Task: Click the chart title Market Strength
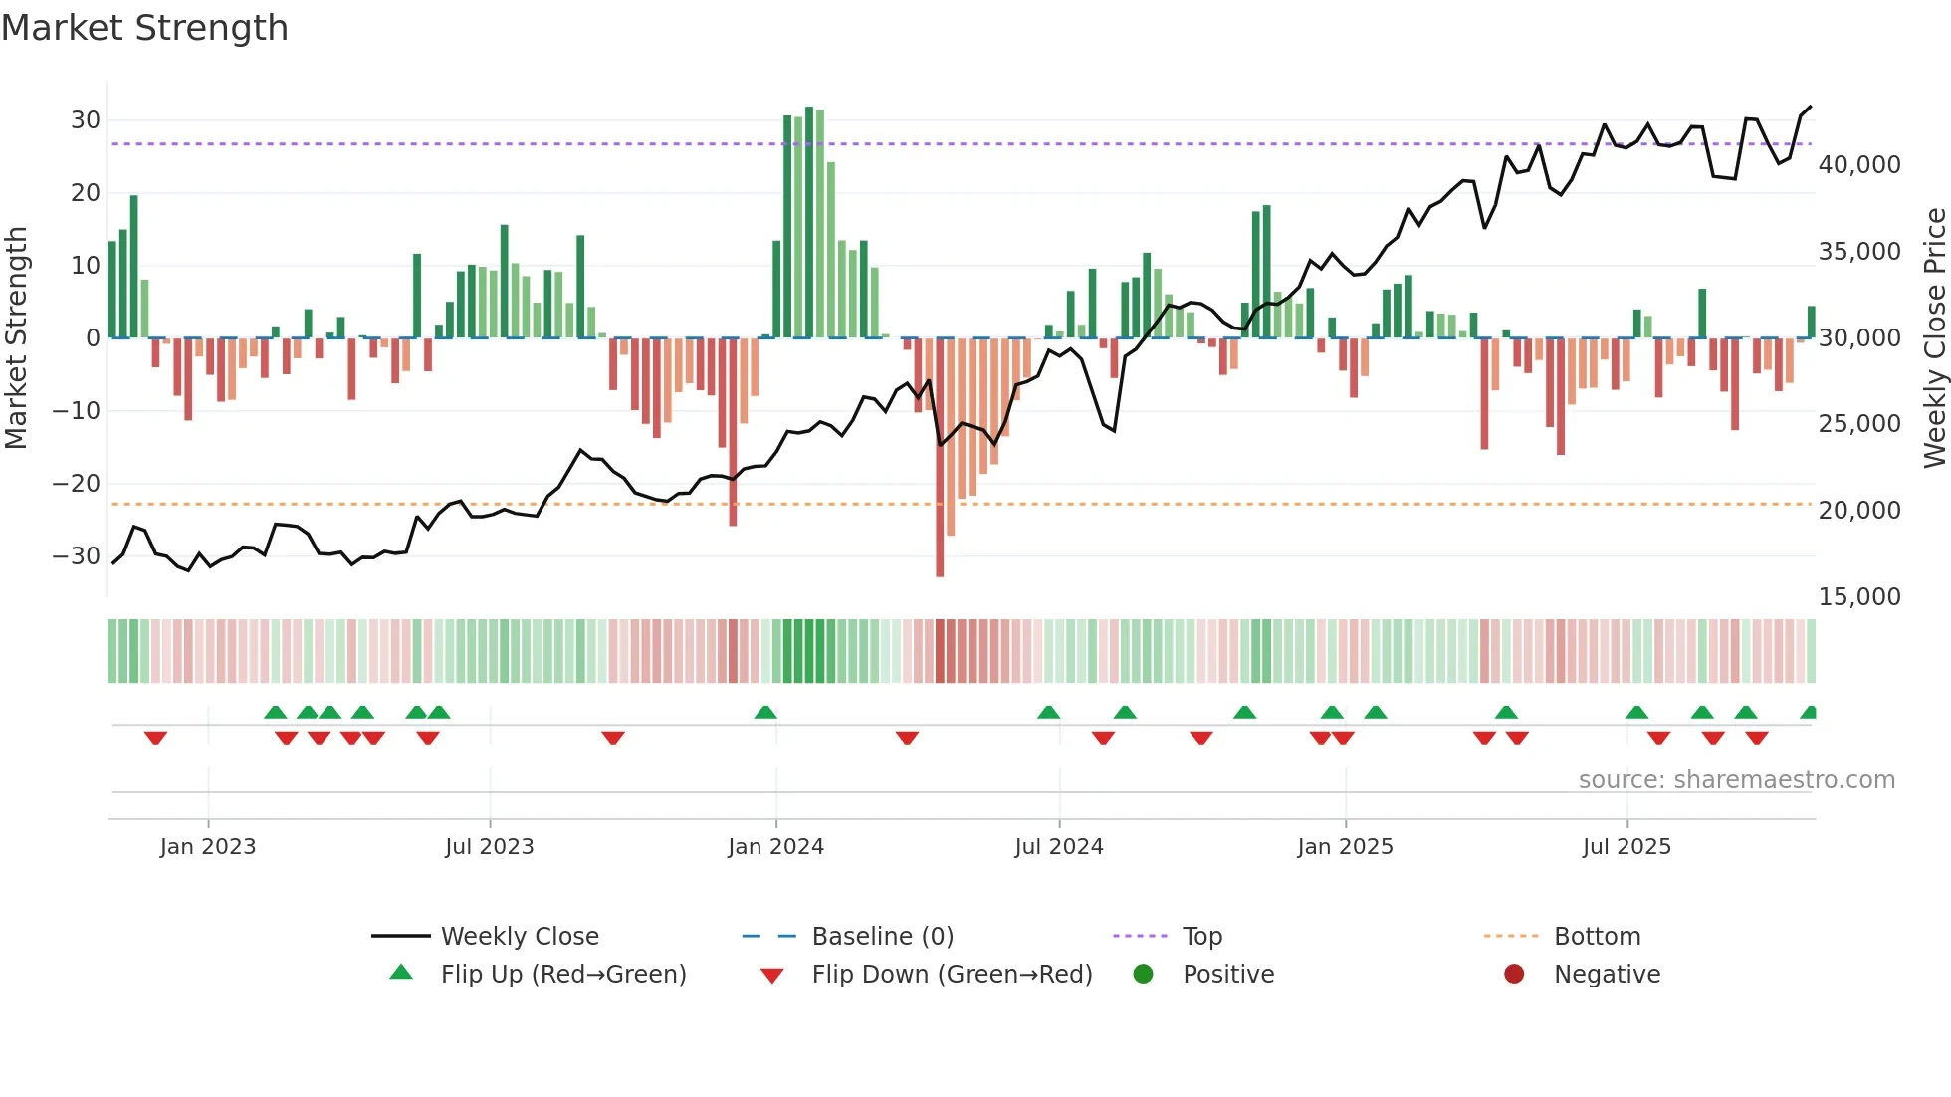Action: pyautogui.click(x=144, y=28)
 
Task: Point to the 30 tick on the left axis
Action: pyautogui.click(x=85, y=120)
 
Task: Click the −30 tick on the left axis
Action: pyautogui.click(x=77, y=556)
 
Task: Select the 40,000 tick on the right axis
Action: pyautogui.click(x=1858, y=165)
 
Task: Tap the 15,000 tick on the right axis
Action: pyautogui.click(x=1858, y=597)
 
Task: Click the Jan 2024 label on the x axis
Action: pyautogui.click(x=775, y=847)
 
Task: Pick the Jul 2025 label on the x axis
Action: pyautogui.click(x=1626, y=847)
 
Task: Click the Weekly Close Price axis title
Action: pyautogui.click(x=1934, y=338)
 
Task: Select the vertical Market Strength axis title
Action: pyautogui.click(x=16, y=338)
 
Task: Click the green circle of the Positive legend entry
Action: pyautogui.click(x=1143, y=975)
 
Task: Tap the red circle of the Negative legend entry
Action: pyautogui.click(x=1514, y=975)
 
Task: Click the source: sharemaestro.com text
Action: pyautogui.click(x=1736, y=780)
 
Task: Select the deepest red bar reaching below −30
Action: pyautogui.click(x=940, y=458)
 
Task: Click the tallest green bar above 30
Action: pyautogui.click(x=809, y=221)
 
